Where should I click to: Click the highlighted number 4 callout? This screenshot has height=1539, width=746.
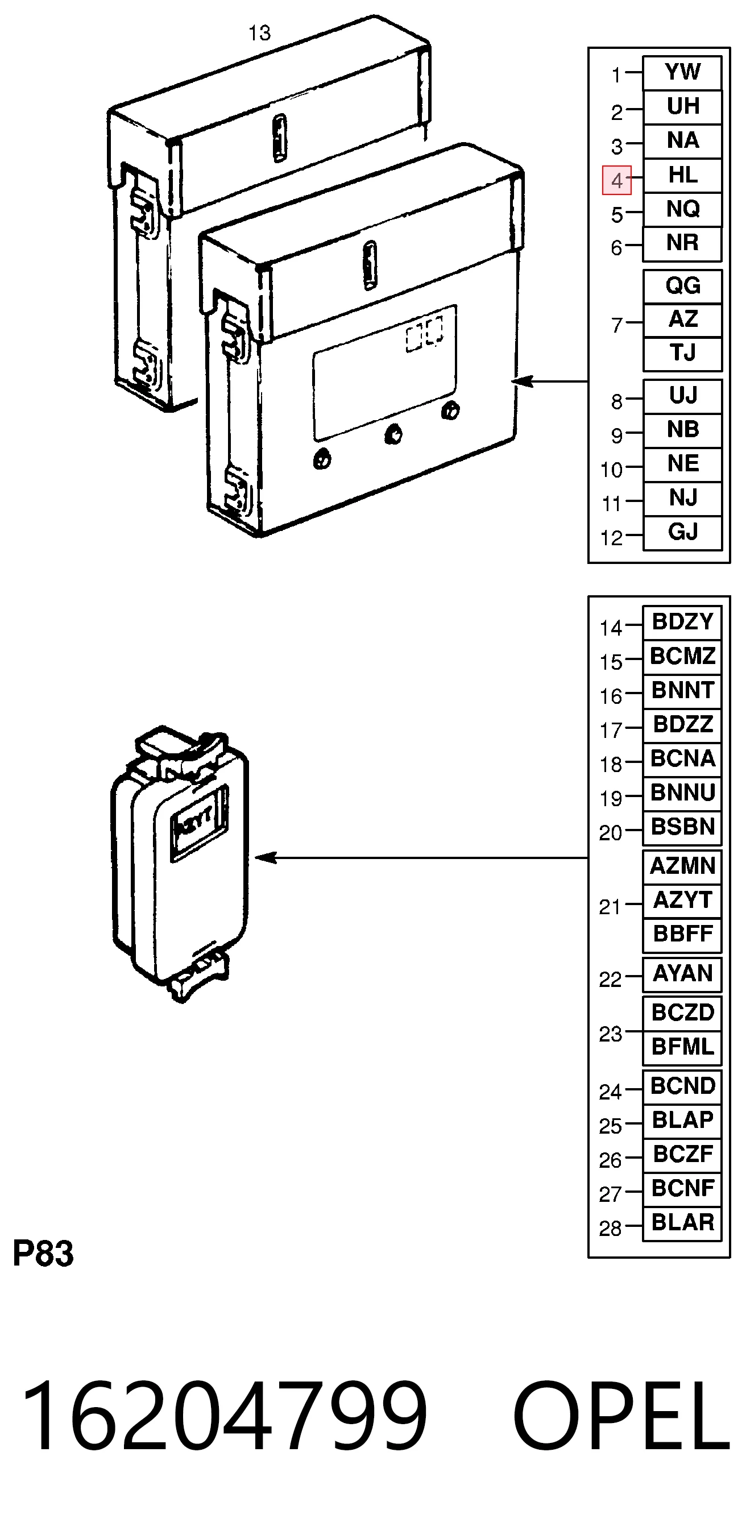tap(616, 180)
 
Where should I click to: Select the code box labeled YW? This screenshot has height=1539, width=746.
tap(682, 73)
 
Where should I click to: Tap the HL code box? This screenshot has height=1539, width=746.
tap(682, 176)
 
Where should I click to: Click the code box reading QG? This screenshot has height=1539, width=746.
tap(682, 286)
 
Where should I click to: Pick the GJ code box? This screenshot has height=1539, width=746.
tap(682, 532)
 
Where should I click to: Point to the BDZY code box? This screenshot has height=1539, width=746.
tap(682, 623)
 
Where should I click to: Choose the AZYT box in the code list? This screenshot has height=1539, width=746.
tap(682, 901)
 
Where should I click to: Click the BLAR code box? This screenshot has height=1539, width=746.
tap(682, 1223)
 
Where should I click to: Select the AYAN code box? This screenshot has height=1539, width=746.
tap(682, 974)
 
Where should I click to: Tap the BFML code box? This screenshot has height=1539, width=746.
tap(682, 1047)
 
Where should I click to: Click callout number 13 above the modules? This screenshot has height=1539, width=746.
tap(259, 33)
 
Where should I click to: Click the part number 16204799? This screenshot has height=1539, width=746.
tap(224, 1416)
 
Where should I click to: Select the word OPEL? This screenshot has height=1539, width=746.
tap(621, 1416)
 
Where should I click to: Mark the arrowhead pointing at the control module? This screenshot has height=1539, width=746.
tap(522, 380)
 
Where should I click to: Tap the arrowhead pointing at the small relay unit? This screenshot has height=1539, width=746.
tap(265, 858)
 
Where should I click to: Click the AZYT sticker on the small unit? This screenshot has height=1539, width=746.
tap(198, 823)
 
